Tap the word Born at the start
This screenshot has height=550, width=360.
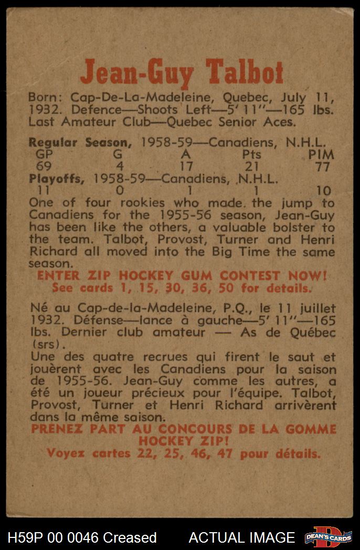43,98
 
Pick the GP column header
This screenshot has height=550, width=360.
45,155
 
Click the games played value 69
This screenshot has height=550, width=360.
44,167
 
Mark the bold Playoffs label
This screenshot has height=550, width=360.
56,179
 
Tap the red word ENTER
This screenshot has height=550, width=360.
56,275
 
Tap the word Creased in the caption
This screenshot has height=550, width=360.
130,537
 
